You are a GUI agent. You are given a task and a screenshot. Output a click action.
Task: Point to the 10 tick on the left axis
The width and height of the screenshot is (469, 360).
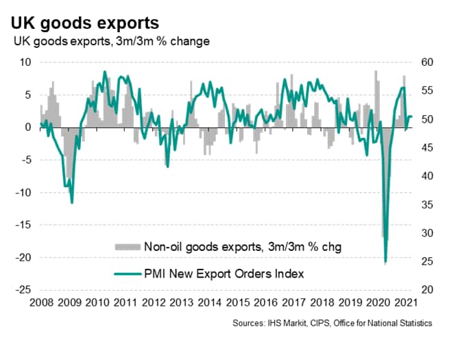point(25,62)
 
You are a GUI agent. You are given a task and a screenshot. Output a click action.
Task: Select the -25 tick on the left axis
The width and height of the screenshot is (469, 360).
point(23,290)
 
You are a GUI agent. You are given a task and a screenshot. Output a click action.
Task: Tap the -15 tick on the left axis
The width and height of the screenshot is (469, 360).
point(23,225)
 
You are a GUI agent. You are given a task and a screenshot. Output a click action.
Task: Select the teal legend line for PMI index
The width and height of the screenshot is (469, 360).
point(125,274)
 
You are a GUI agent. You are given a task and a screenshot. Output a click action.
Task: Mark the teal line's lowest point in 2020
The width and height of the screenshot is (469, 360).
point(385,262)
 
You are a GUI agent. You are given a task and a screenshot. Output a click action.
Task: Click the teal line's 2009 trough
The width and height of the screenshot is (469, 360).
point(72,202)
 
